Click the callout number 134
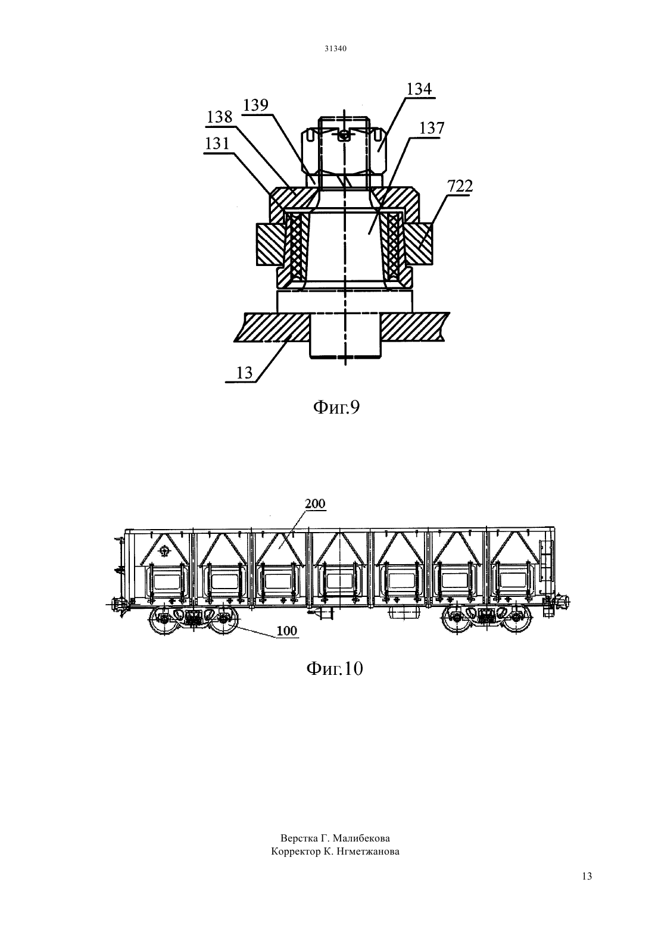(x=419, y=89)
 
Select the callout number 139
(x=255, y=105)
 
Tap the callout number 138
(x=220, y=117)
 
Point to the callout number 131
(x=217, y=143)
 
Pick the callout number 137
(x=432, y=128)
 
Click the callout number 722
(x=460, y=186)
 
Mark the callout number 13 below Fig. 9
(x=244, y=373)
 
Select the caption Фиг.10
(x=335, y=668)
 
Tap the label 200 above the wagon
(x=315, y=503)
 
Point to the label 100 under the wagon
(x=286, y=631)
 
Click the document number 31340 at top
(x=335, y=48)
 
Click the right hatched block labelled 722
(x=419, y=244)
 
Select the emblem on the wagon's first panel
(x=164, y=550)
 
